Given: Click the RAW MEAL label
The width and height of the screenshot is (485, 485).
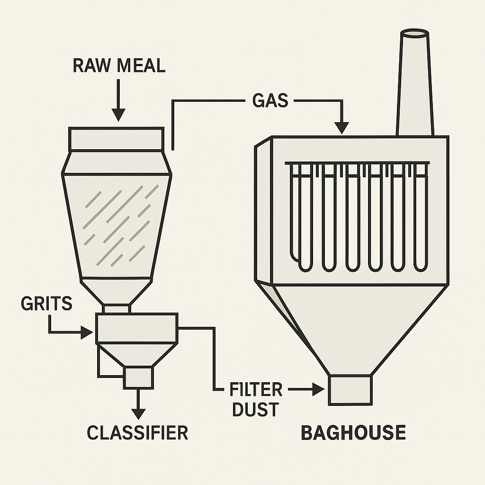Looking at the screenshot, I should [119, 65].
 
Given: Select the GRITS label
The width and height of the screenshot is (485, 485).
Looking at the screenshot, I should [46, 303].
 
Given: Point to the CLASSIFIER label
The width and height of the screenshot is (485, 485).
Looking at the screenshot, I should [137, 432].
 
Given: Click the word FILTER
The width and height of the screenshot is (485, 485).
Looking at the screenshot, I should [256, 390].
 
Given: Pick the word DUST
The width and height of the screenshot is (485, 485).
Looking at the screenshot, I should [254, 410].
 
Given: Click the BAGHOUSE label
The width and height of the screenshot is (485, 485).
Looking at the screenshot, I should [353, 432].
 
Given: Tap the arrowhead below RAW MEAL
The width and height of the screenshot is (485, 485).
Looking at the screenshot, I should [118, 115].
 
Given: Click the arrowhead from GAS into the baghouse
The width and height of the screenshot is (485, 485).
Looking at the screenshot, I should [341, 127].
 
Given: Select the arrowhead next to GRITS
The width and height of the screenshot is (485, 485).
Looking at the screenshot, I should [87, 332].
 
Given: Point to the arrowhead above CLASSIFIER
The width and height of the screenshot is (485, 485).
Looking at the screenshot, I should [138, 413].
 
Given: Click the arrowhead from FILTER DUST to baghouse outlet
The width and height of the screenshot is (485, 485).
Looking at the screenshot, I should [318, 389].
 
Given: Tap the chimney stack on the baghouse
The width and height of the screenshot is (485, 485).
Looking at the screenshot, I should [414, 85].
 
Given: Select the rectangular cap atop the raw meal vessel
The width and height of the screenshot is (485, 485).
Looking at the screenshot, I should [117, 139].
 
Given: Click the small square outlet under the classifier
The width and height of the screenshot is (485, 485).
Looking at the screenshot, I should [138, 377].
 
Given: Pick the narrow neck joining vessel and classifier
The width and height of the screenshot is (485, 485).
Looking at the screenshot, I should [117, 308].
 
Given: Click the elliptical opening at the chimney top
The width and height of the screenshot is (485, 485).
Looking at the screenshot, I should [414, 34].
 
